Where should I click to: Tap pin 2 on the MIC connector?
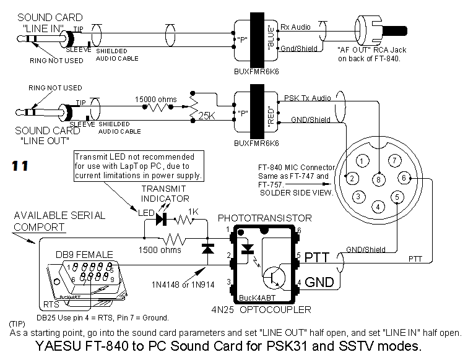351,179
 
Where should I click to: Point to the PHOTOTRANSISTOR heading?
265,218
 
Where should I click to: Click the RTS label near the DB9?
51,305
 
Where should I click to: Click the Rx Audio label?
297,27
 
